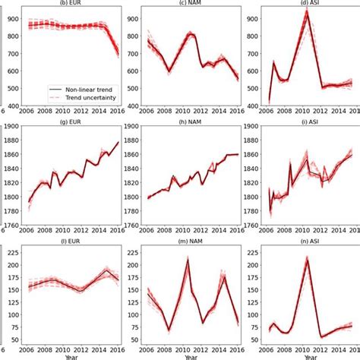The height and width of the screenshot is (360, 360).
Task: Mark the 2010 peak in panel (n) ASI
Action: [x=308, y=258]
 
